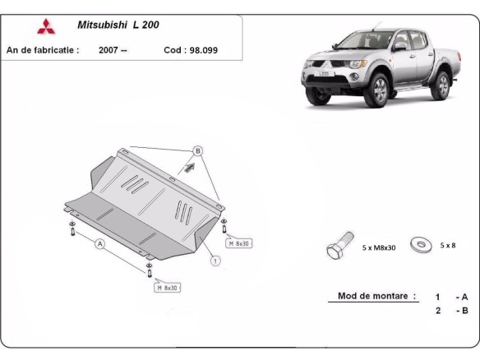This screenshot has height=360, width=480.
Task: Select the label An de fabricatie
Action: pos(43,49)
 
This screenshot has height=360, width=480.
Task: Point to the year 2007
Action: pos(113,49)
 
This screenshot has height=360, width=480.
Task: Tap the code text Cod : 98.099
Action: pos(190,49)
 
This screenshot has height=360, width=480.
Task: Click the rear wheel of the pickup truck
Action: pos(442,84)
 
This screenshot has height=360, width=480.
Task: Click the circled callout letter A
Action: pos(100,244)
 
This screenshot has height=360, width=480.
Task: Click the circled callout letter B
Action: pos(197,151)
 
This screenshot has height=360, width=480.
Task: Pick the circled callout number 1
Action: pos(215,262)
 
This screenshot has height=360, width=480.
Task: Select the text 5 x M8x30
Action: pos(380,247)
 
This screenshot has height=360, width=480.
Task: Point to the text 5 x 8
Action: pos(448,245)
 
